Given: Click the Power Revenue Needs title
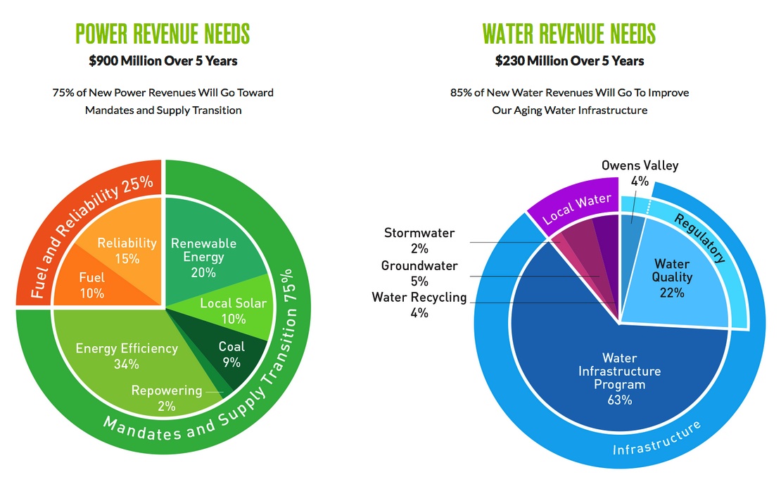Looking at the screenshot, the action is [x=163, y=34].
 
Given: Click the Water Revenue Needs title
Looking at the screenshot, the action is [x=569, y=34].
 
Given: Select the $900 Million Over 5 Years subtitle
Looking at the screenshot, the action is [x=163, y=61].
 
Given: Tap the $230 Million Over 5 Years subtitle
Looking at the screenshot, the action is [x=569, y=61].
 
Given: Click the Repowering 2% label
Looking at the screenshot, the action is [x=167, y=398].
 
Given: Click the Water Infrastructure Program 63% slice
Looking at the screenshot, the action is [x=620, y=379].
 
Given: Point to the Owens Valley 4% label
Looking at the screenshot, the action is [x=640, y=173].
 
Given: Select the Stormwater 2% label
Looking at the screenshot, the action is [x=419, y=240].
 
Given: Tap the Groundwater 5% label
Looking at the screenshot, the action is [x=419, y=273].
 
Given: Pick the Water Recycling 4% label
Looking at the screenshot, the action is [x=419, y=305].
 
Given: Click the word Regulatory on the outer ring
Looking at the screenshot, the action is [x=699, y=238].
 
